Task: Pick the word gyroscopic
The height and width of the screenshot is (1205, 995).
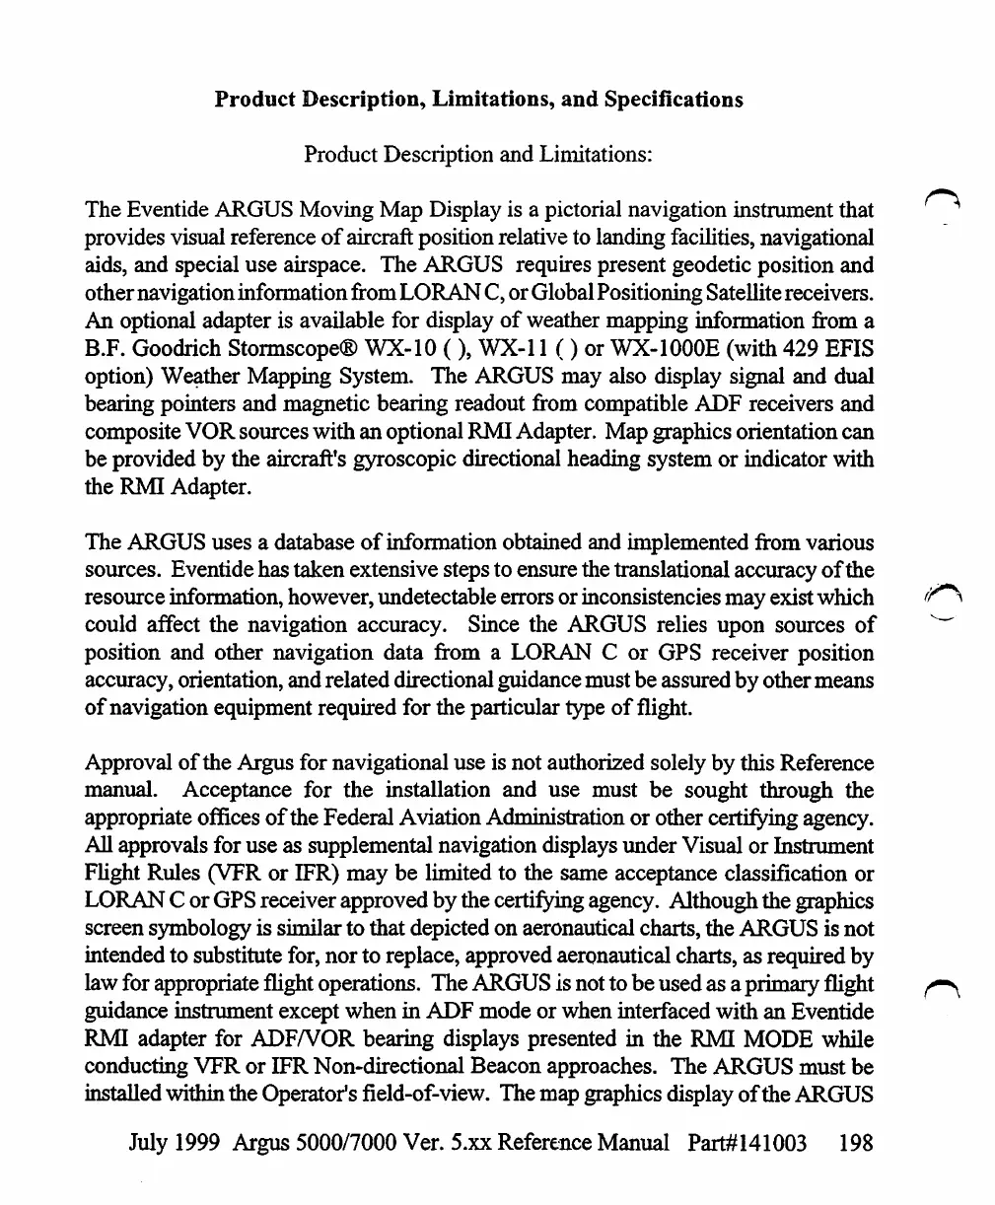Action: (x=402, y=459)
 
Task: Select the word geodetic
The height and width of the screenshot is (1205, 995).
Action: (x=675, y=265)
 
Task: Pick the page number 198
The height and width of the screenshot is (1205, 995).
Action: (x=854, y=1143)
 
